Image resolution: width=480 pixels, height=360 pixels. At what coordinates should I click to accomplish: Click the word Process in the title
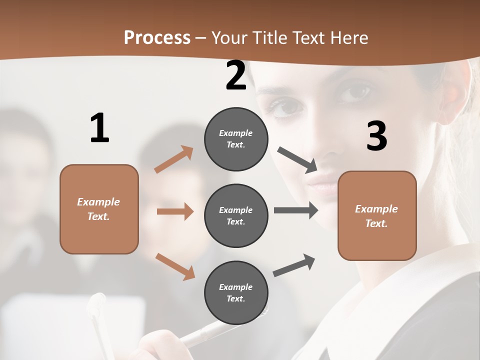click(x=157, y=38)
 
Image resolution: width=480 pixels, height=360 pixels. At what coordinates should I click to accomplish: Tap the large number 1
click(x=99, y=128)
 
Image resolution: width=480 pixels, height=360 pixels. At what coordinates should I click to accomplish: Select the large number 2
click(x=236, y=75)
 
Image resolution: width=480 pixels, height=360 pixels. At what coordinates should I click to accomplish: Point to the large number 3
click(x=376, y=136)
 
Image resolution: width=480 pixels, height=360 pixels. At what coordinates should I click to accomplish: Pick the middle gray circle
click(x=236, y=215)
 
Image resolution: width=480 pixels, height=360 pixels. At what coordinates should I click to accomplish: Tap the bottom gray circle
click(x=236, y=292)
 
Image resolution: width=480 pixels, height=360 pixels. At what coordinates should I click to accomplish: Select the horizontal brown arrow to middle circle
click(x=175, y=211)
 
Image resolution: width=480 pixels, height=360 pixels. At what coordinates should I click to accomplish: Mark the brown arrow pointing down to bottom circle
click(x=175, y=266)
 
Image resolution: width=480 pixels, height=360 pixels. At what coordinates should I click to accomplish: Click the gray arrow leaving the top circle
click(x=297, y=159)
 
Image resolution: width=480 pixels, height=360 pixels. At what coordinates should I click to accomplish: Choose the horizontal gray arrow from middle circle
click(x=295, y=210)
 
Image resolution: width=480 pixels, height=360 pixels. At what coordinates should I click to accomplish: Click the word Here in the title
click(x=348, y=38)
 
